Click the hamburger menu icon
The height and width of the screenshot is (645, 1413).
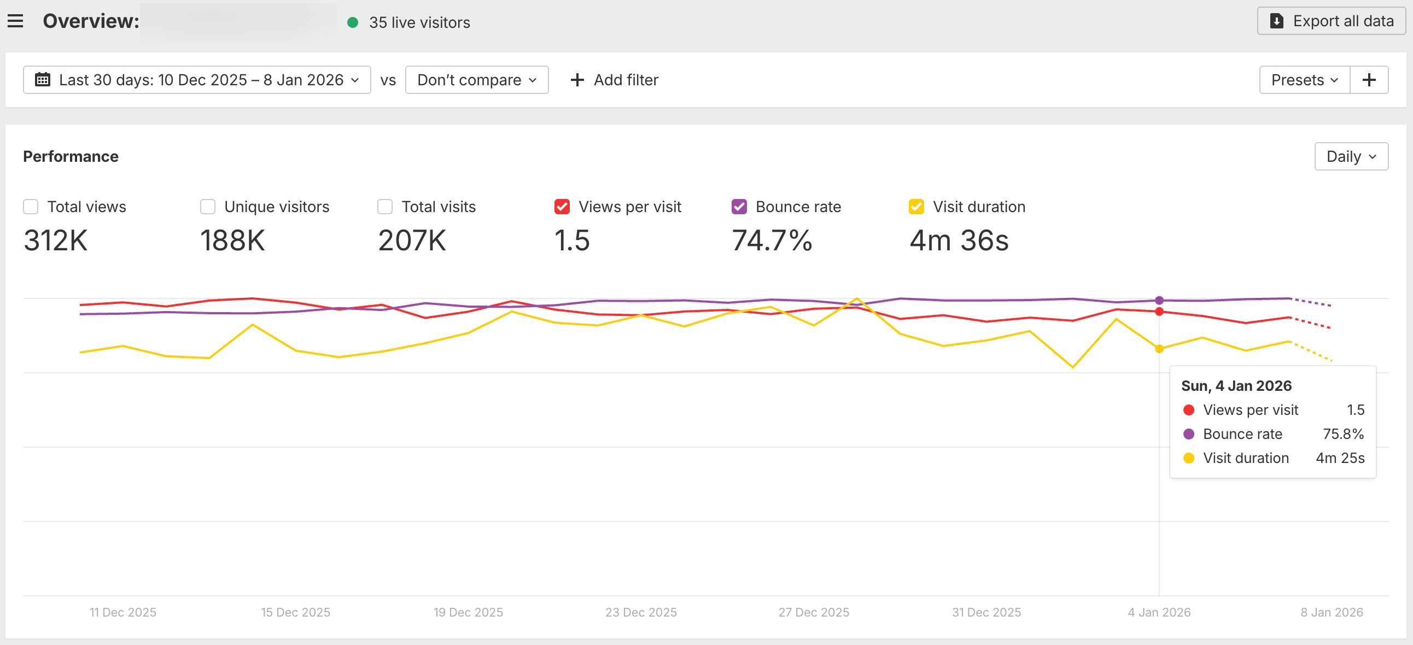pos(15,21)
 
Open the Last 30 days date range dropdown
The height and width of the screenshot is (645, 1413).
pos(196,80)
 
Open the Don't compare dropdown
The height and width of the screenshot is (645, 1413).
pos(476,80)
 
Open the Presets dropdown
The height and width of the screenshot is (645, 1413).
pos(1304,80)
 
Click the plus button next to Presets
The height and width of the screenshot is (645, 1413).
pos(1369,80)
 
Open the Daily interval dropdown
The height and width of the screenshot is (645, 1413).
pos(1351,157)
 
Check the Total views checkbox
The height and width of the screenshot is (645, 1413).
pos(31,207)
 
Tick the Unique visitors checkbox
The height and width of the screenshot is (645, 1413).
pos(208,207)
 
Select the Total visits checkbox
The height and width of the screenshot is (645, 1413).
pos(385,207)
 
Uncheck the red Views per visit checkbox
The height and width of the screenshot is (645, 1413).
pos(562,207)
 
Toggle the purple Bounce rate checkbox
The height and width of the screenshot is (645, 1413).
pos(739,207)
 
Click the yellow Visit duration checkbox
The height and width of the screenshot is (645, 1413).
pos(916,207)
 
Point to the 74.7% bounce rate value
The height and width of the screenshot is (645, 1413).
pos(772,241)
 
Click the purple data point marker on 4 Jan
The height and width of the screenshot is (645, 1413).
pos(1159,301)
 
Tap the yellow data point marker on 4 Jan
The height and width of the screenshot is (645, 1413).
pos(1159,349)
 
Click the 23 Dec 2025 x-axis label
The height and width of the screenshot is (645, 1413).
pos(641,612)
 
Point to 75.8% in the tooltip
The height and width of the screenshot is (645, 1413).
pos(1343,434)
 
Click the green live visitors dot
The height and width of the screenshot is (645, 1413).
pos(353,22)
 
